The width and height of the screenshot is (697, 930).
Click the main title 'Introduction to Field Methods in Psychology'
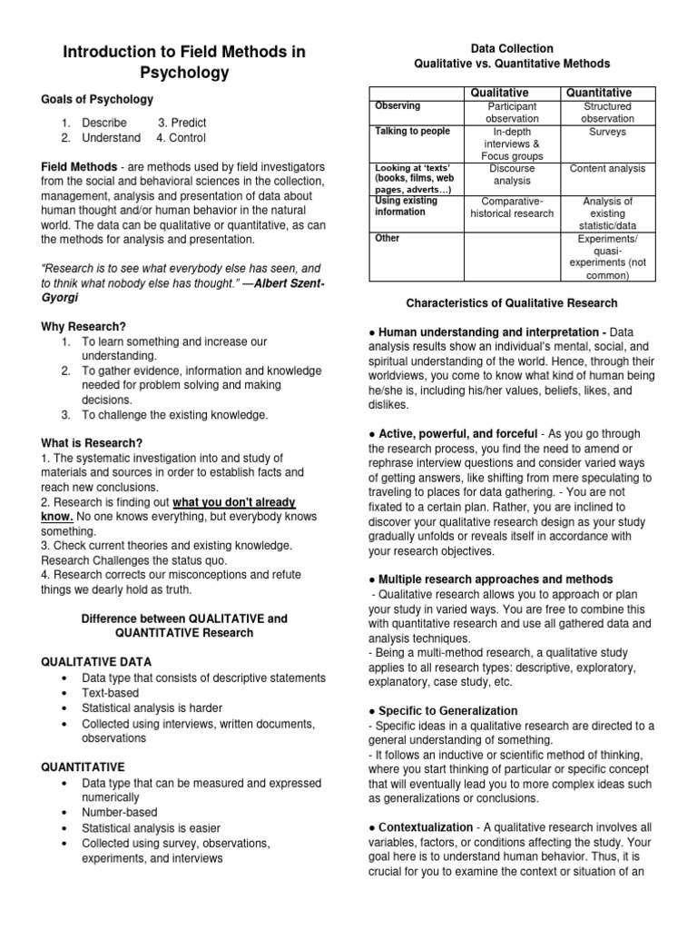184,62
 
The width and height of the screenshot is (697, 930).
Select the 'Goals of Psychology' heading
97,99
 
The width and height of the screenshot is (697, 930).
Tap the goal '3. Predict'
182,123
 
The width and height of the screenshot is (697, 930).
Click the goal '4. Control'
181,138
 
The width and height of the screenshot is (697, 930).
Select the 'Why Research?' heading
83,326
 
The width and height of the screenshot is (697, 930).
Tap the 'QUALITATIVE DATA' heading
97,662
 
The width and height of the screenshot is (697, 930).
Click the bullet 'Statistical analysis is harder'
152,707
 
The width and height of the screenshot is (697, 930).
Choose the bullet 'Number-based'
119,813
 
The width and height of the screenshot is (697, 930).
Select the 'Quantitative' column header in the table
598,93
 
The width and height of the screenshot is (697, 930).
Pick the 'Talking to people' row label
412,132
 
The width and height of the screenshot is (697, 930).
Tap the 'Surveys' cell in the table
607,132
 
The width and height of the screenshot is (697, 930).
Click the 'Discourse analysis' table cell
512,174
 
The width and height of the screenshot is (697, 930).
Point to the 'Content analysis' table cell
607,168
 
